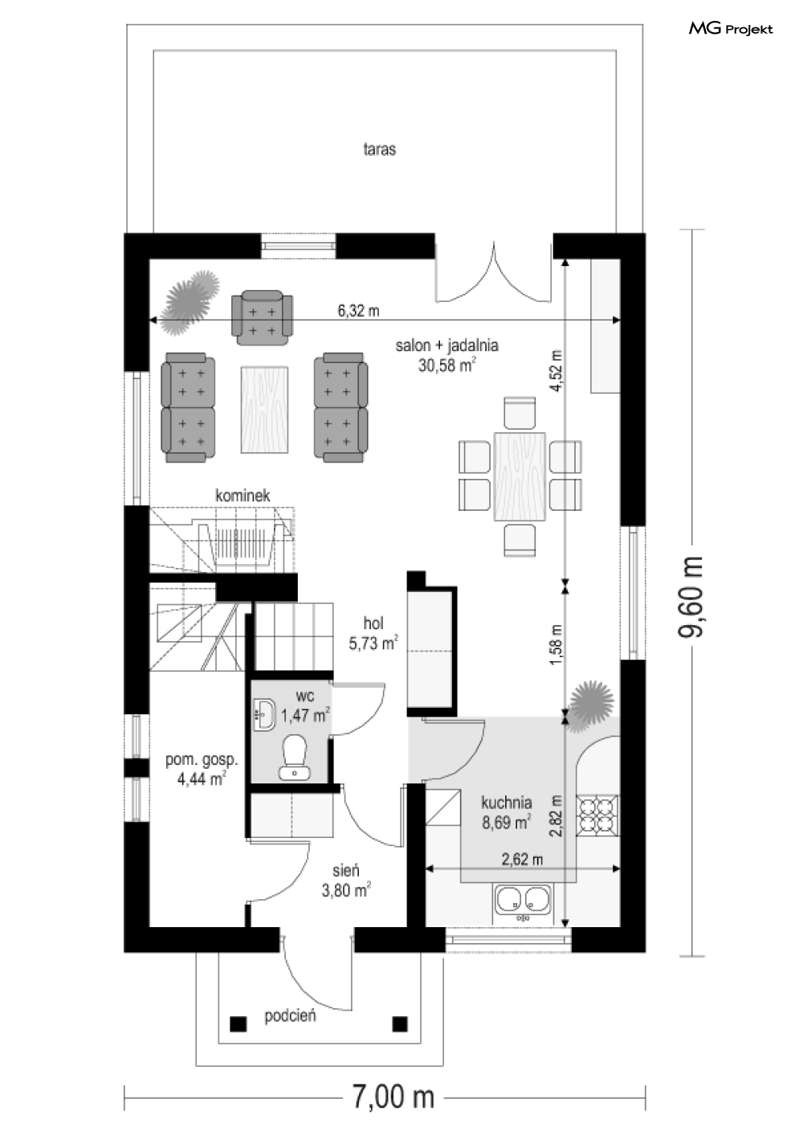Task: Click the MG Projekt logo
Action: [731, 29]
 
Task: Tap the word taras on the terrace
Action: [379, 149]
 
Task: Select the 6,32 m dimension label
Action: [358, 310]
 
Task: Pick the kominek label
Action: [243, 495]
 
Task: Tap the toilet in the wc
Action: [295, 756]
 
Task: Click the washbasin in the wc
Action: [263, 714]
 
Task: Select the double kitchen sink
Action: [524, 901]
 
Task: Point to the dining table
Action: [520, 476]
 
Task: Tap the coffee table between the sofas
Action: [265, 410]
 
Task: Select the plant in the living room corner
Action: [191, 302]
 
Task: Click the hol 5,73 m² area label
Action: [373, 633]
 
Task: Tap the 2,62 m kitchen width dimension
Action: [522, 859]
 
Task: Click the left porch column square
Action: [238, 1024]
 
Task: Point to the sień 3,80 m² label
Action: [346, 881]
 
